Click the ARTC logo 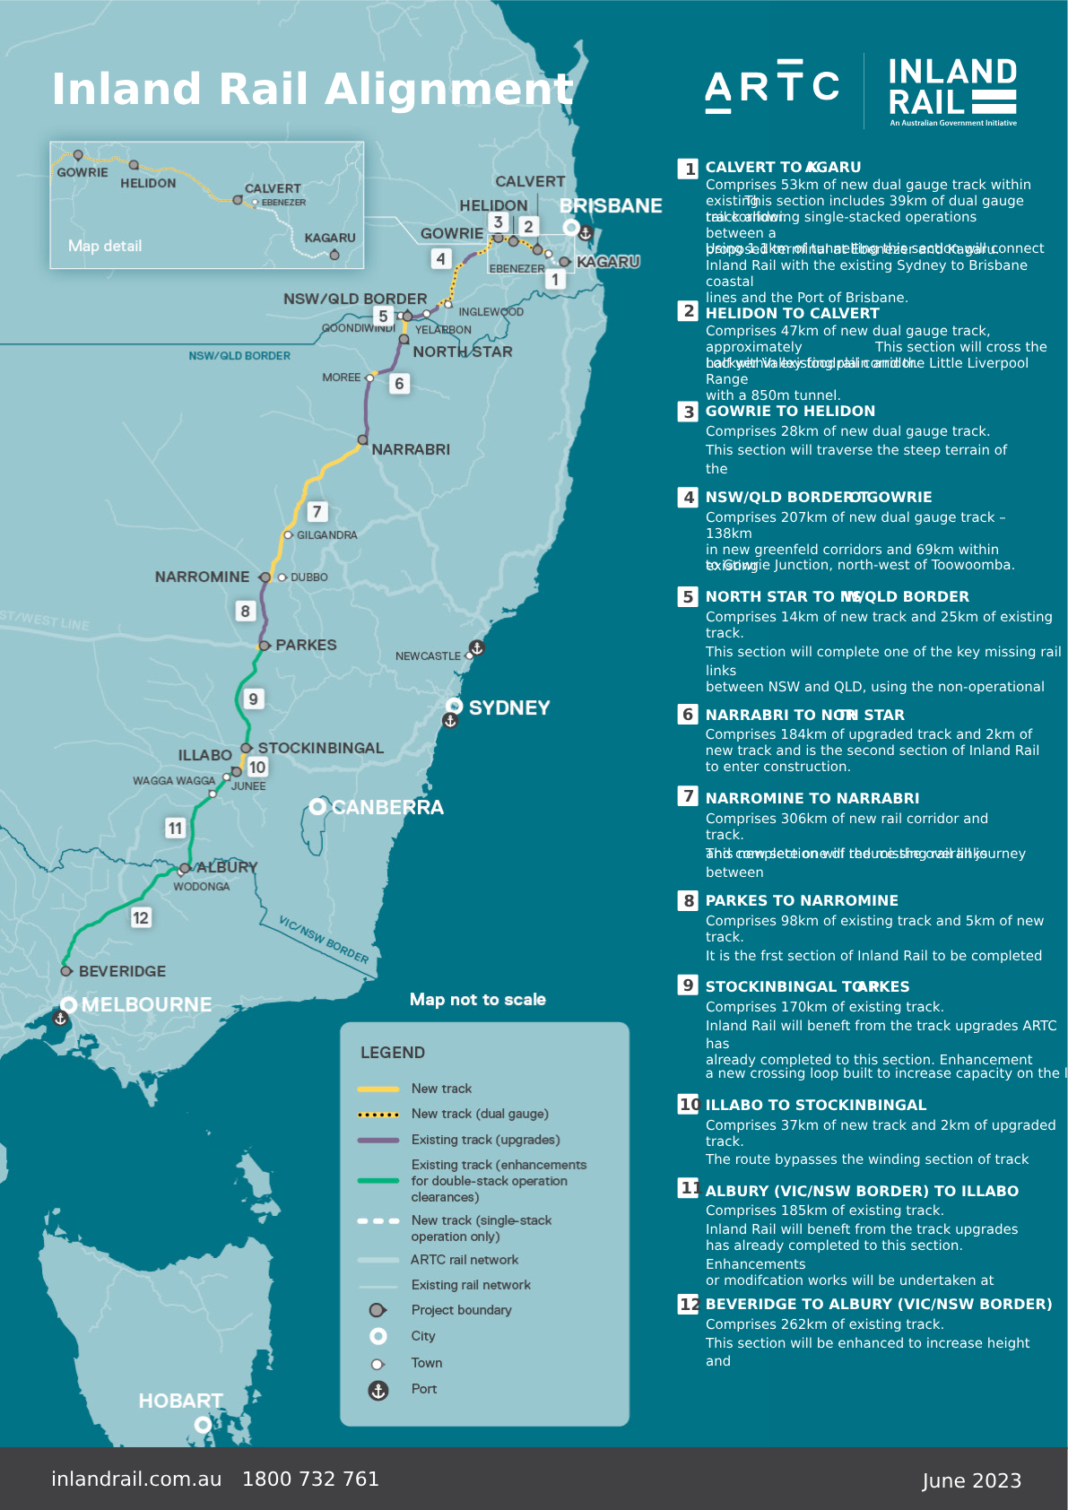coord(772,86)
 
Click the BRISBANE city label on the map coord(611,206)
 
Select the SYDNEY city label coord(508,707)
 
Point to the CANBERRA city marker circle coord(317,807)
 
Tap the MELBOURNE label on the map coord(146,1004)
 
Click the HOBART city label coord(180,1401)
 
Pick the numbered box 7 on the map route coord(317,511)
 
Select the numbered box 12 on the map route coord(141,917)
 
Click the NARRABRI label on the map coord(411,449)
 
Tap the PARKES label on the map coord(306,645)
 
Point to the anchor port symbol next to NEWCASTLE coord(477,647)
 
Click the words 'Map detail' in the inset coord(105,246)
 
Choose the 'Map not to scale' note coord(477,999)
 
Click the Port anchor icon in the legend coord(378,1390)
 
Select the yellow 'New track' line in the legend coord(378,1089)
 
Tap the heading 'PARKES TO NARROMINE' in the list coord(802,900)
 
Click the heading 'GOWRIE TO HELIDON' coord(790,411)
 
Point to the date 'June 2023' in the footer coord(971,1480)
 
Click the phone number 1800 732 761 coord(310,1479)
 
